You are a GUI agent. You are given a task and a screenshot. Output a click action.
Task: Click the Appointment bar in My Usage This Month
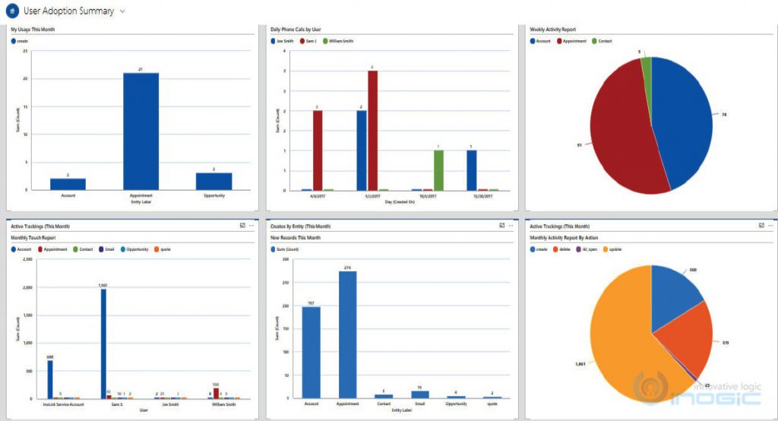141,131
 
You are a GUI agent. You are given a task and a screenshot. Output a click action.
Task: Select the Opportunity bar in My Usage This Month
213,182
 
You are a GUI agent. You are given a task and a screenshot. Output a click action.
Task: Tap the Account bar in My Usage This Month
68,184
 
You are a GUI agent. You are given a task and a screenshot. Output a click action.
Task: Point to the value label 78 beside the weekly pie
723,115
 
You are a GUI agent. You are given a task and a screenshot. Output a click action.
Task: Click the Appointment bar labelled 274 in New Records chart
347,334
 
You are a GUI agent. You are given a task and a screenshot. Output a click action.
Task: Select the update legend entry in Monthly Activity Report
615,248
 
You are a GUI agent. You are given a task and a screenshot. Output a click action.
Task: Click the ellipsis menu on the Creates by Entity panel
512,226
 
